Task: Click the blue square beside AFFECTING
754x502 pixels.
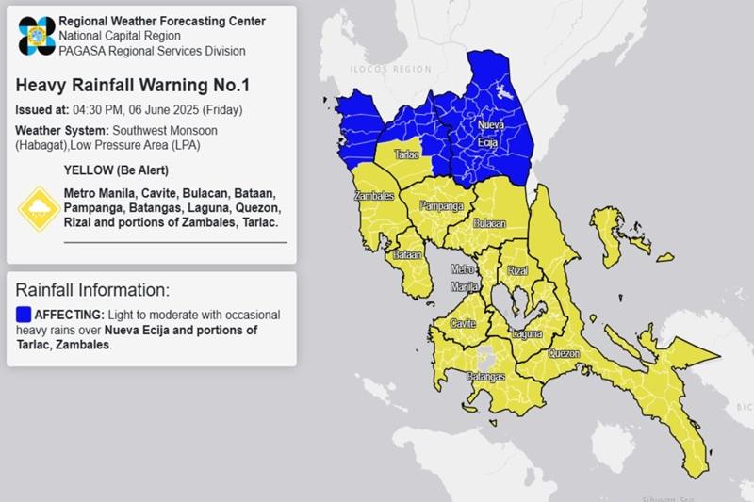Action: click(x=24, y=314)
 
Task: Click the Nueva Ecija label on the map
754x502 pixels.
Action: click(x=486, y=133)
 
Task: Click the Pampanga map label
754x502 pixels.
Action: click(x=441, y=205)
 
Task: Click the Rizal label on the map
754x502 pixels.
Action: click(x=517, y=271)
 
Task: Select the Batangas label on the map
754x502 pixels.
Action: click(x=487, y=377)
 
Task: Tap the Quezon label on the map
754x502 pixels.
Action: click(x=564, y=354)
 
